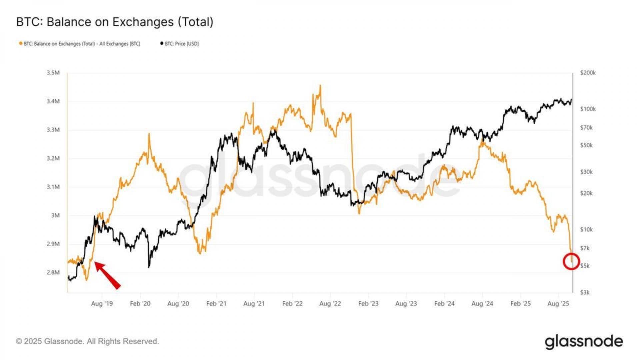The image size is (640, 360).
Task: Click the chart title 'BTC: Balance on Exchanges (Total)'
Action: [x=115, y=22]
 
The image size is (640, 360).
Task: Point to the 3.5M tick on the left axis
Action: [x=53, y=73]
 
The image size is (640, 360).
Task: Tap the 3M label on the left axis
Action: [x=55, y=215]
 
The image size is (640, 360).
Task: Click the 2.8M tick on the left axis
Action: [x=53, y=272]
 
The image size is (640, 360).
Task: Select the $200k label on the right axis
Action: [x=588, y=73]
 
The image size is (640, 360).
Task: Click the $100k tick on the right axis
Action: [x=588, y=109]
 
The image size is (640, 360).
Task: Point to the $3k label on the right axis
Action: [x=585, y=292]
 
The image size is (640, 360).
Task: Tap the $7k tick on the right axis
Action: [x=585, y=248]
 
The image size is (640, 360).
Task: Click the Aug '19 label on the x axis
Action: [x=102, y=304]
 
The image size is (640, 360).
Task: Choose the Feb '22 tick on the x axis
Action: [x=292, y=304]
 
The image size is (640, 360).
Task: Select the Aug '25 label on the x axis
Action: [x=558, y=304]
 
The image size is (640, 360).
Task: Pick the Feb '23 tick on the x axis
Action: [x=368, y=304]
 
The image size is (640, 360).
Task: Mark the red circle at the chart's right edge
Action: [x=571, y=261]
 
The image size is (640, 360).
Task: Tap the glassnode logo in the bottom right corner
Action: [x=584, y=342]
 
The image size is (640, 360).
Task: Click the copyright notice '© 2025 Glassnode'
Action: [x=87, y=341]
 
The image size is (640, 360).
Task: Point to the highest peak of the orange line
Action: [x=320, y=86]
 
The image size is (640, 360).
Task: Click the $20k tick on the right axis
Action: [x=586, y=193]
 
